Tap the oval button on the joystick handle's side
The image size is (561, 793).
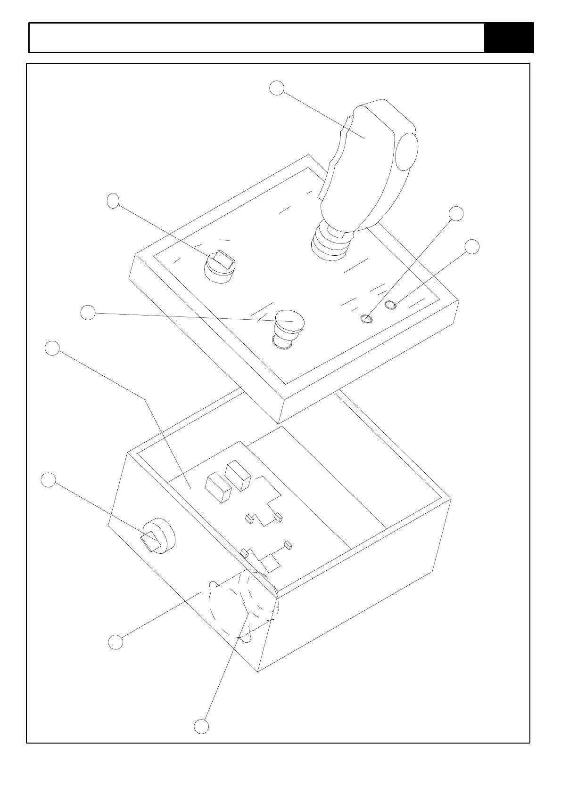(406, 151)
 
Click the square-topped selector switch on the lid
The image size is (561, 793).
(220, 266)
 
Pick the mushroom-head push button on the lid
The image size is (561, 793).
(289, 324)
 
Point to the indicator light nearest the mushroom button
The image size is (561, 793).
(366, 319)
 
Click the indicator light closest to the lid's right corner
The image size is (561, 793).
(391, 306)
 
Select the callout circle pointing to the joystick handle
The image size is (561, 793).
(277, 88)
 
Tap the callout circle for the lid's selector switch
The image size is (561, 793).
(113, 201)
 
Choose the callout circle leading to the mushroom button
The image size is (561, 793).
(88, 313)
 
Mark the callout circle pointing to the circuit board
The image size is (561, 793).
(52, 348)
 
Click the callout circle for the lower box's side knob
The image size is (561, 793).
(48, 480)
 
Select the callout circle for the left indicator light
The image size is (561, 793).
(456, 213)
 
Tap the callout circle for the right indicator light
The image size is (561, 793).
(472, 246)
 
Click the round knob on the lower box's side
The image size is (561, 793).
(158, 536)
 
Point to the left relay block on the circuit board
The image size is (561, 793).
(218, 488)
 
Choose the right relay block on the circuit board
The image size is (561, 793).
(238, 476)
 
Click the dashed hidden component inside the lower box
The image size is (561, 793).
(243, 605)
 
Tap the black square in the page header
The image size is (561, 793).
(509, 38)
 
